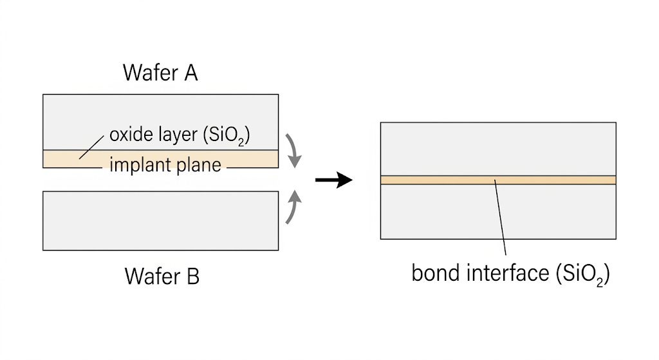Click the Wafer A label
tap(160, 73)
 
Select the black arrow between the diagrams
tap(333, 180)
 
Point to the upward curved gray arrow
tap(293, 205)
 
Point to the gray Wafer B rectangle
tap(160, 220)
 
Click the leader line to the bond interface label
tap(500, 219)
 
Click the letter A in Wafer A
tap(190, 73)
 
